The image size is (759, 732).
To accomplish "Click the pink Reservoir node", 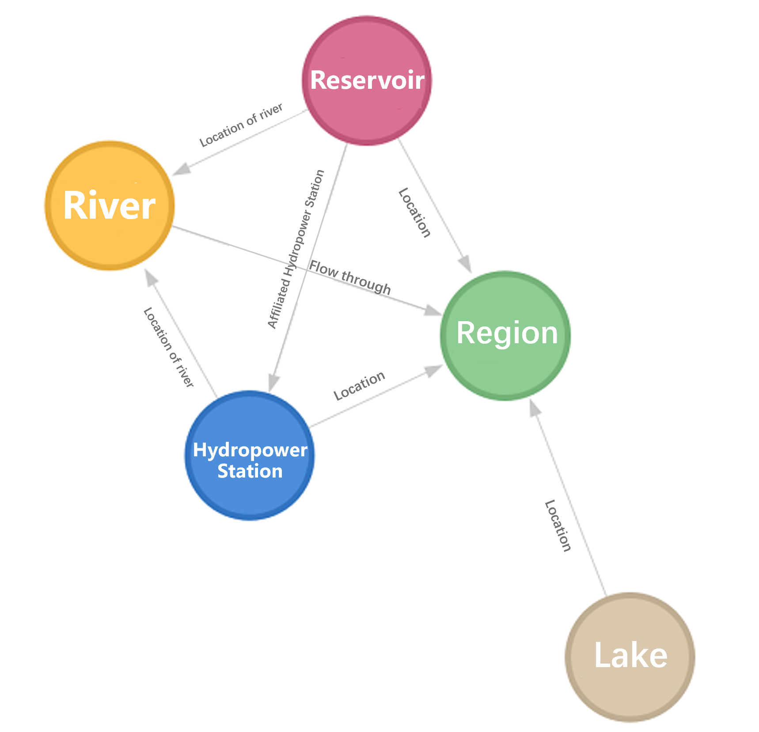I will pos(367,81).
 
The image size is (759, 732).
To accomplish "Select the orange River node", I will pos(110,206).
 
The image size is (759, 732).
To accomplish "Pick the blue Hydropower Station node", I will pos(250,455).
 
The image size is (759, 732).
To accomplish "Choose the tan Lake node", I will pos(630,657).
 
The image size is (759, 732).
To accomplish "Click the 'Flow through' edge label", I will pos(350,277).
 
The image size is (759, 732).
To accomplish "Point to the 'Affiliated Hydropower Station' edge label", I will pos(296,250).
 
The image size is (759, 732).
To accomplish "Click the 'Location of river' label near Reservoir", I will pos(241,125).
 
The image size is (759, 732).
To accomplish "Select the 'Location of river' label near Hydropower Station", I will pos(168,347).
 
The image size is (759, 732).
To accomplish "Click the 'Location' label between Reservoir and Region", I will pos(414,213).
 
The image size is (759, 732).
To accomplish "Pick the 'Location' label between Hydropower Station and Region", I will pos(359,385).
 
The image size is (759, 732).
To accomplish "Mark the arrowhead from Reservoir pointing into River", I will pos(182,170).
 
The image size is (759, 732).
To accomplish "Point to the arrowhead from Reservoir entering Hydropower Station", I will pos(273,382).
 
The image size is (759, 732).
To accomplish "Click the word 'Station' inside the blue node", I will pos(250,471).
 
